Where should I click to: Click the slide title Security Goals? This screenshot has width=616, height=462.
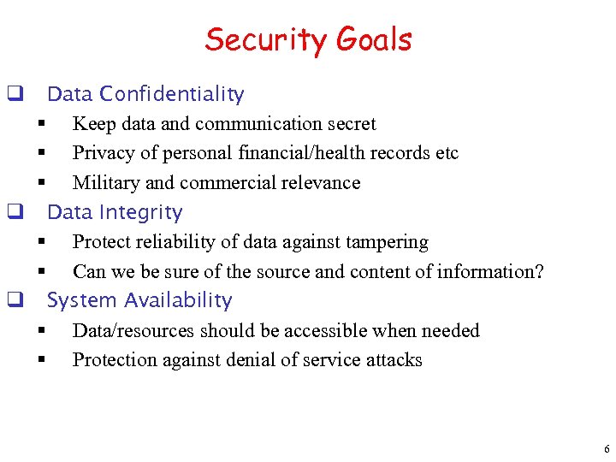pos(308,39)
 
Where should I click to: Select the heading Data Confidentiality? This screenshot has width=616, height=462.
pos(145,94)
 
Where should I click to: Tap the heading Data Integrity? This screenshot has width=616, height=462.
pos(115,212)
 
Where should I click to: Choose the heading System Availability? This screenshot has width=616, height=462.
pos(139,300)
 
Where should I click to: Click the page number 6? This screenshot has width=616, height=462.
pos(607,449)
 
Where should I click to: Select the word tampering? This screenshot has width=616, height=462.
pos(384,242)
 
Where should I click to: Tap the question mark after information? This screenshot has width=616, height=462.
pos(539,271)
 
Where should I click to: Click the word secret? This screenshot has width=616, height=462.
pos(349,124)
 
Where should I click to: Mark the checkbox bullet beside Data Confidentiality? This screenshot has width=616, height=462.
pos(14,94)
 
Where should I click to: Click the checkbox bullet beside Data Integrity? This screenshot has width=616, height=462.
pos(14,212)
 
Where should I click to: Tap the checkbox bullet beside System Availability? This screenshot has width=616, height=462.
pos(14,300)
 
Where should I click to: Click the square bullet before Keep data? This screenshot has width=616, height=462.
pos(40,125)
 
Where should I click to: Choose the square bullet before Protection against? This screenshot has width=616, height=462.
pos(40,360)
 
